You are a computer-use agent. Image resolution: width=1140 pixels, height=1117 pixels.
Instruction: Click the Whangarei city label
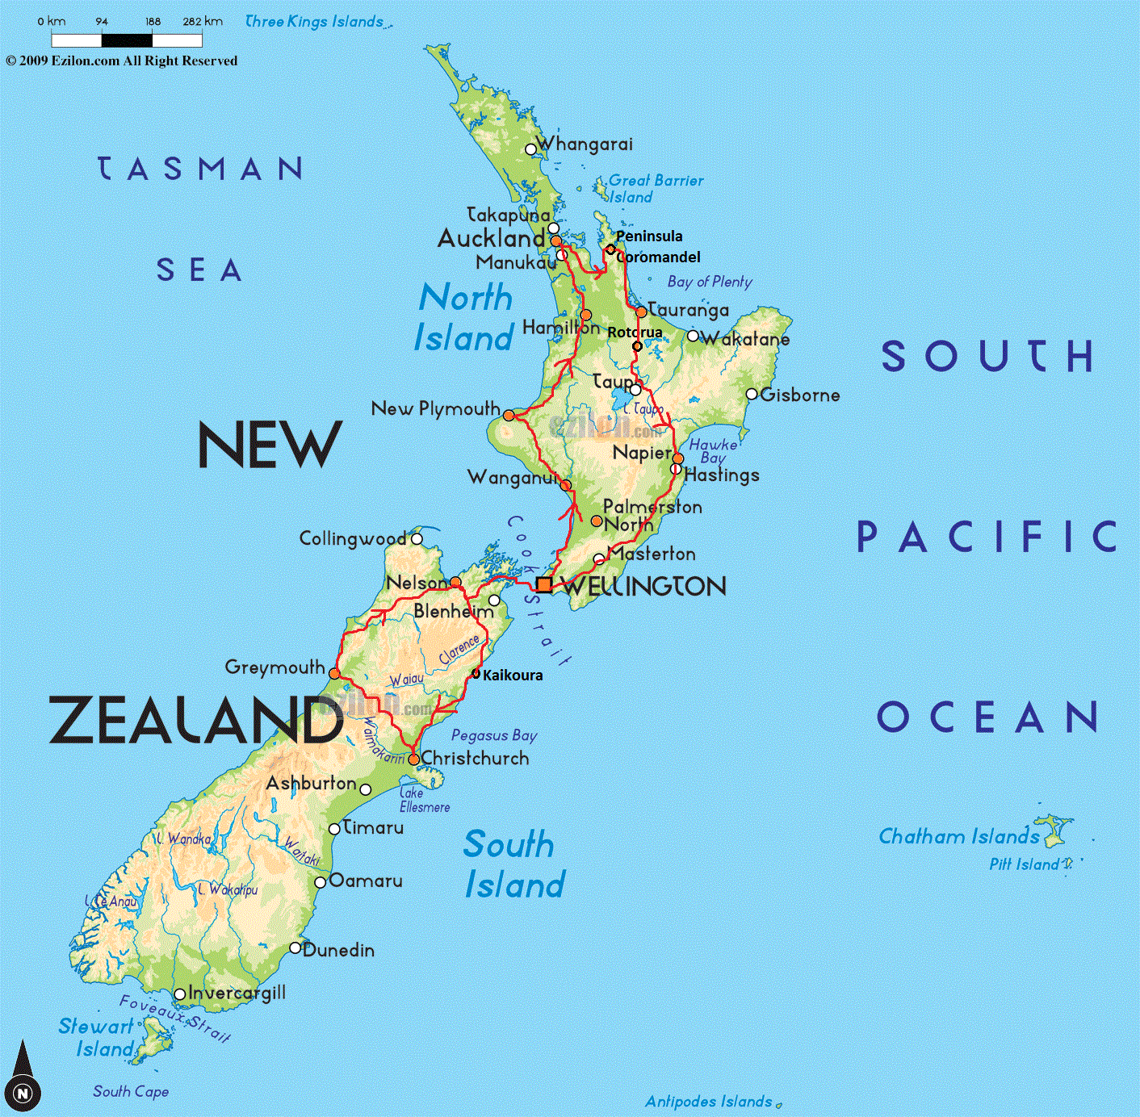pyautogui.click(x=585, y=144)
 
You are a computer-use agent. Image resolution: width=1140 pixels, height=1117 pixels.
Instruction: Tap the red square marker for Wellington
pyautogui.click(x=545, y=585)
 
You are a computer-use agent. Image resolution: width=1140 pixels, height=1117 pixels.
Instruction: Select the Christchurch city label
pyautogui.click(x=475, y=758)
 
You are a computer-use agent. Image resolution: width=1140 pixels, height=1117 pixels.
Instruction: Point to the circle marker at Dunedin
pyautogui.click(x=295, y=948)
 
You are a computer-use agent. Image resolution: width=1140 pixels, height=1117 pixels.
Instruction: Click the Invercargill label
pyautogui.click(x=237, y=993)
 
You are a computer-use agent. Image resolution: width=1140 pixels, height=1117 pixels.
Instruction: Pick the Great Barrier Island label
pyautogui.click(x=656, y=189)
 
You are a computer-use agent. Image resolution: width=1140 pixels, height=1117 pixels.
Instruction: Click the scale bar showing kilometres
pyautogui.click(x=127, y=40)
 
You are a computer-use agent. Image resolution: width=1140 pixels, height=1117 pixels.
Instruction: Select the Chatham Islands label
pyautogui.click(x=959, y=836)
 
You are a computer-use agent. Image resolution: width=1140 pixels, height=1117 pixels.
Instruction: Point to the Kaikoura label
pyautogui.click(x=513, y=676)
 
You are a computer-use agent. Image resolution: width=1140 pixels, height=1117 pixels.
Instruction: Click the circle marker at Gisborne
pyautogui.click(x=752, y=394)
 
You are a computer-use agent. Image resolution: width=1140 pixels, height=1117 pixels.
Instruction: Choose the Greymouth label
pyautogui.click(x=275, y=667)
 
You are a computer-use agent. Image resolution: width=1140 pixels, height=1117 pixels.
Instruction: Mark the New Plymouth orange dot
pyautogui.click(x=509, y=415)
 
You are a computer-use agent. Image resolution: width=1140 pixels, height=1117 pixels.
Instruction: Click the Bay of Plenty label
pyautogui.click(x=710, y=282)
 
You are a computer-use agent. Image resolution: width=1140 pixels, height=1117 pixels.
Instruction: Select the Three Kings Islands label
pyautogui.click(x=314, y=22)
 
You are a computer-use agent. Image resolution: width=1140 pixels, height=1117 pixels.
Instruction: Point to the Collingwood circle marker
pyautogui.click(x=417, y=539)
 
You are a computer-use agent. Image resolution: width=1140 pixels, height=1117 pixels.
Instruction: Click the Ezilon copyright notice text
pyautogui.click(x=122, y=61)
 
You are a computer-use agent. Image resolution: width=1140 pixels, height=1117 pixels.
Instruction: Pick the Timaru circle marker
pyautogui.click(x=335, y=829)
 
